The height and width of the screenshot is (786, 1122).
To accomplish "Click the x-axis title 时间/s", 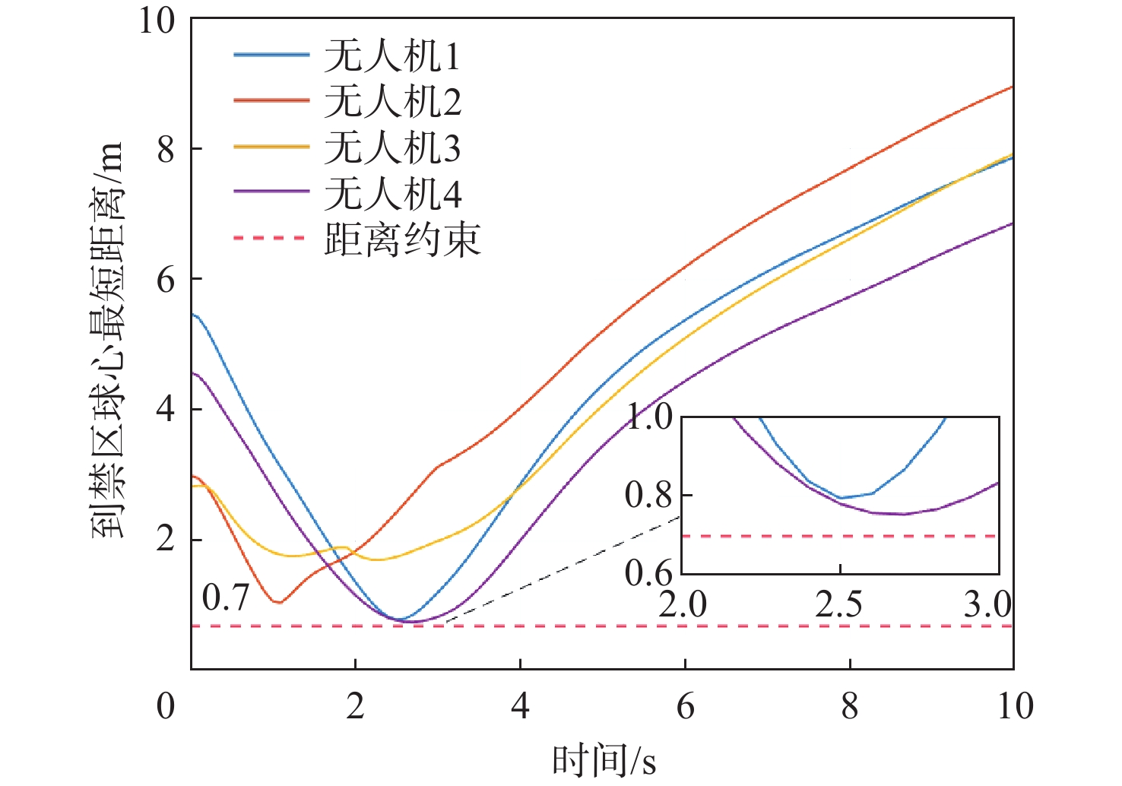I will tap(604, 761).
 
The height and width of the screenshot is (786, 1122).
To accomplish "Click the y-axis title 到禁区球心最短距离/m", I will tap(107, 342).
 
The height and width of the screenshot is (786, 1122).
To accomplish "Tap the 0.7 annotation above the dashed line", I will tap(226, 597).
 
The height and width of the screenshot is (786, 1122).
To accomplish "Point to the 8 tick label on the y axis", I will tap(166, 149).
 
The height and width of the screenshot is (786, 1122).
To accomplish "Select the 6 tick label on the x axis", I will tap(685, 706).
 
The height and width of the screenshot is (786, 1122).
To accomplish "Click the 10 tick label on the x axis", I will tap(1015, 706).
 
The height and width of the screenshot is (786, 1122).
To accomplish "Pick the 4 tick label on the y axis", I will tap(166, 409).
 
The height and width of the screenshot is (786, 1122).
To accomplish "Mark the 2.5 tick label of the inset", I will tap(839, 605).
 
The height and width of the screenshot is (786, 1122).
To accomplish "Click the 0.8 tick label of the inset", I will tap(648, 495).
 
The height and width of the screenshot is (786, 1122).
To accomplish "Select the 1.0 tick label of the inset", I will tap(648, 417).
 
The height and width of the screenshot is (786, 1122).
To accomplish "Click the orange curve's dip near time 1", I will tap(279, 602).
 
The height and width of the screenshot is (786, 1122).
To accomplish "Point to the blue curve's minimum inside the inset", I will tap(841, 498).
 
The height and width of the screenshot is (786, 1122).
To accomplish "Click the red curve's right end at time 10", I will tap(1012, 87).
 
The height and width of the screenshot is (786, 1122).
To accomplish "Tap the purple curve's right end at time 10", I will tap(1012, 223).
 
